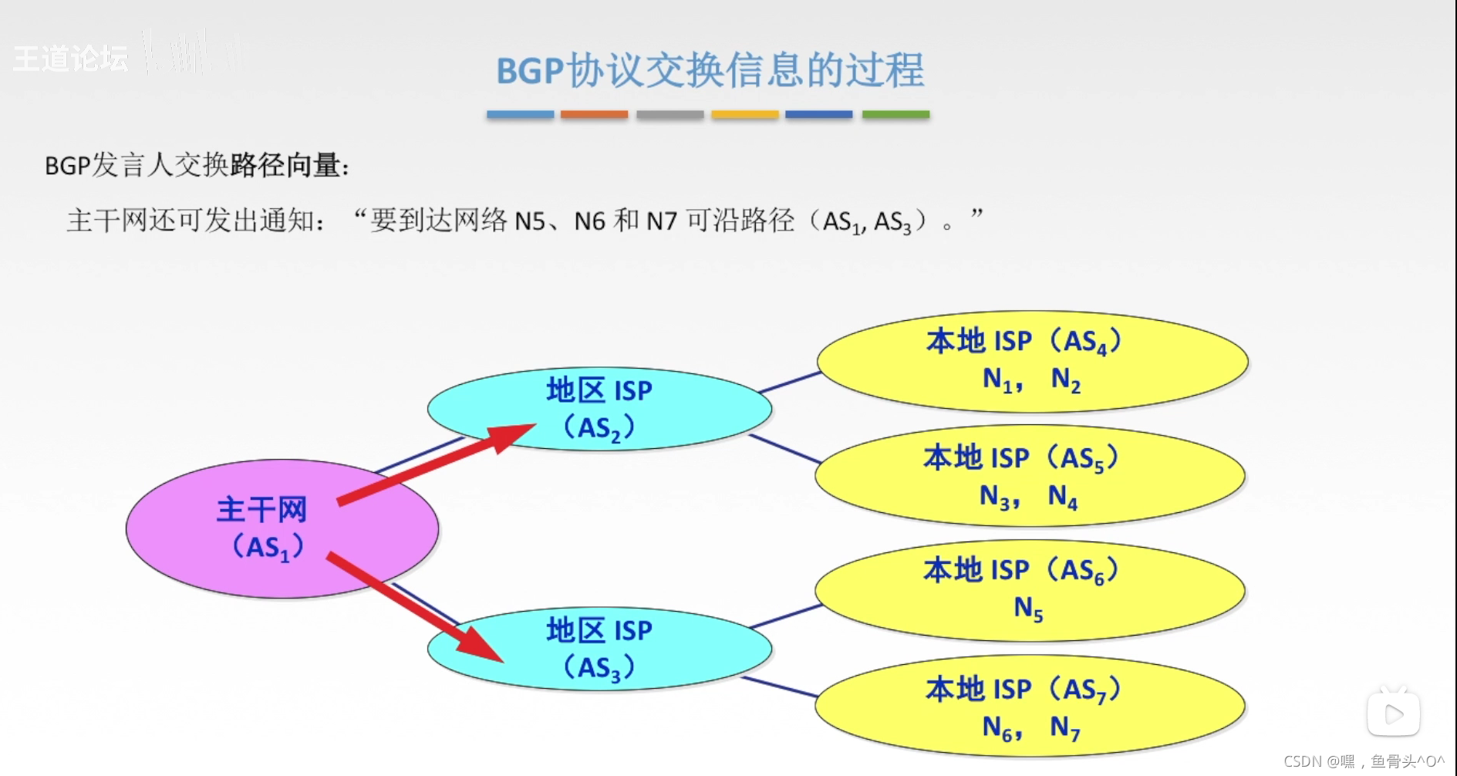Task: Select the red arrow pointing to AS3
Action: [417, 609]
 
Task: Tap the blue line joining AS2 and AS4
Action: [791, 382]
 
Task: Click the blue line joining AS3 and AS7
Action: [779, 687]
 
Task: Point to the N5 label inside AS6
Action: [1028, 609]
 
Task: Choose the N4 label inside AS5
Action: [1063, 497]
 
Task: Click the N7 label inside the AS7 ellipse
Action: [1064, 727]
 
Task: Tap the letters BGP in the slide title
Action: [530, 71]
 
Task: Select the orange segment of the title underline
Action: [594, 114]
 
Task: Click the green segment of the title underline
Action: [895, 114]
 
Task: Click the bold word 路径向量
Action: [285, 165]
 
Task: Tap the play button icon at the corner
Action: [1393, 714]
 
